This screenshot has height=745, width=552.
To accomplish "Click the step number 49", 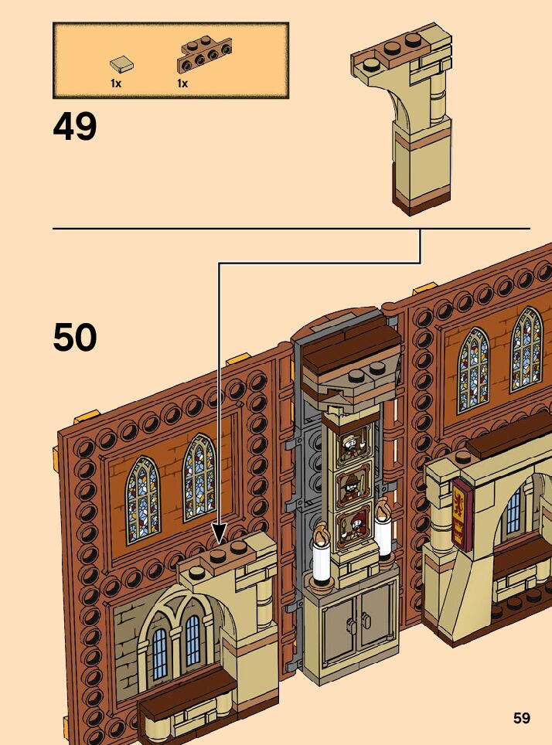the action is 75,128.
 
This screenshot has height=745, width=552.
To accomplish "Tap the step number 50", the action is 75,338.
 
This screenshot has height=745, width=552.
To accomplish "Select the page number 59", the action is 522,719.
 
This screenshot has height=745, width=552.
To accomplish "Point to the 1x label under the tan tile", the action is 116,83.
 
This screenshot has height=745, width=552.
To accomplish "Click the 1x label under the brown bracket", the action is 182,83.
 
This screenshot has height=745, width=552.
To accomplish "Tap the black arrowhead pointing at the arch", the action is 220,533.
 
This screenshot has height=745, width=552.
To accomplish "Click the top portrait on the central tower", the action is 352,446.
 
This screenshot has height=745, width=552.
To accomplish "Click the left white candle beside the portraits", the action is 322,561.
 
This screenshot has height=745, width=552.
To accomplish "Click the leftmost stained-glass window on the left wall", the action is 142,498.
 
